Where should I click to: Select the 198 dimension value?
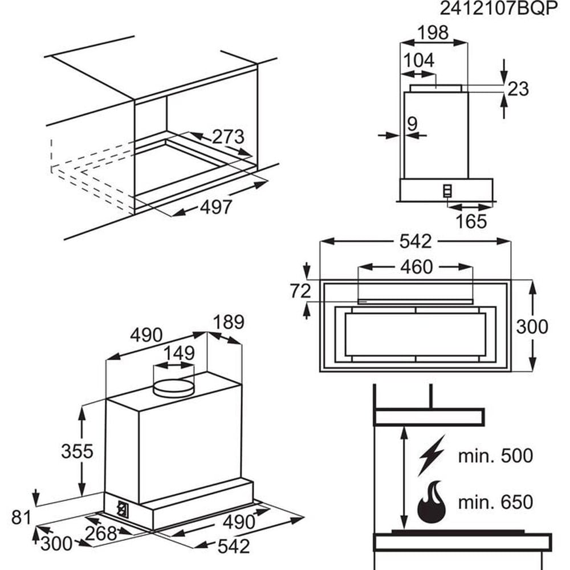pyautogui.click(x=433, y=33)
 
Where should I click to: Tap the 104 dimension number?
pyautogui.click(x=419, y=60)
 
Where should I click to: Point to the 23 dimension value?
pyautogui.click(x=518, y=89)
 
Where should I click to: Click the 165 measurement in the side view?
pyautogui.click(x=471, y=221)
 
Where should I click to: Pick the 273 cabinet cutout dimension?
pyautogui.click(x=228, y=137)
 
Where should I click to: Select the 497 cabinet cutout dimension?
pyautogui.click(x=216, y=207)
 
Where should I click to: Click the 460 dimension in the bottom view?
pyautogui.click(x=416, y=267)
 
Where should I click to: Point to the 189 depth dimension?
pyautogui.click(x=229, y=322)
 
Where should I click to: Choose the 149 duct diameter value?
pyautogui.click(x=180, y=353)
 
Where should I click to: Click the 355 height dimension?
pyautogui.click(x=77, y=451)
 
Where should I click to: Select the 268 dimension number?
pyautogui.click(x=100, y=534)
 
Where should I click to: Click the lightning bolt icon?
pyautogui.click(x=431, y=455)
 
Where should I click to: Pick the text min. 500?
pyautogui.click(x=495, y=455)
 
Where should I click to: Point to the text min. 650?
pyautogui.click(x=495, y=502)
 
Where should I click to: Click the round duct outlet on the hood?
pyautogui.click(x=174, y=387)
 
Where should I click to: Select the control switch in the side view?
pyautogui.click(x=448, y=190)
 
